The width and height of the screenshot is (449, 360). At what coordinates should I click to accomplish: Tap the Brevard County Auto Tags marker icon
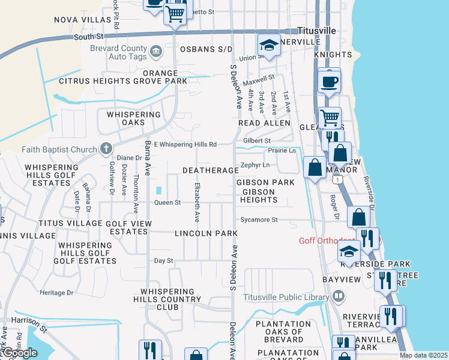click(155, 52)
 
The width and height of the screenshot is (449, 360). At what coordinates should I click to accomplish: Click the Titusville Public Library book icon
click(339, 296)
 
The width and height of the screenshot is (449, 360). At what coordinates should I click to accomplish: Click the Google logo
click(19, 353)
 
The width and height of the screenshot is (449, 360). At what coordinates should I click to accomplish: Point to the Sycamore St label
click(259, 220)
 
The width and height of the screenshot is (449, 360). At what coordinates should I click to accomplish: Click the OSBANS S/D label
click(211, 49)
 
